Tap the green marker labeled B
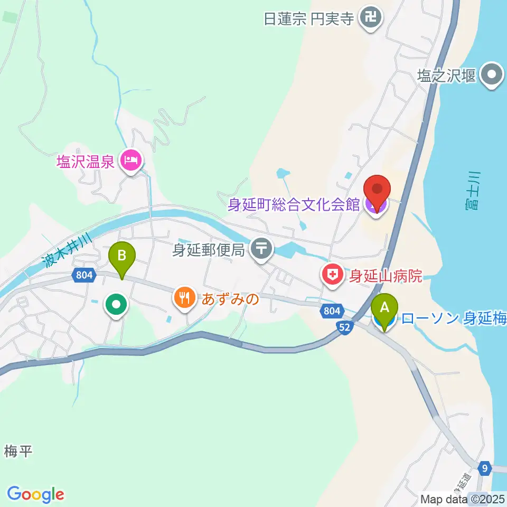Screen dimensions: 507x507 pos(122,258)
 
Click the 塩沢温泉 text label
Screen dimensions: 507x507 pos(86,161)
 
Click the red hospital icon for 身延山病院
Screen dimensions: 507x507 pos(333,275)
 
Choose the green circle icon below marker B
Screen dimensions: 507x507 pos(116,305)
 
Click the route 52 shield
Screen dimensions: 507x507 pos(344,327)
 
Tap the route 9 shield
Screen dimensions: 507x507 pos(485,467)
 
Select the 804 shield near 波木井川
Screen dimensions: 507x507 pos(83,275)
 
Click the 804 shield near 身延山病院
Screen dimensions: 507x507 pos(332,312)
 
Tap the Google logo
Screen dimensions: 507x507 pos(36,494)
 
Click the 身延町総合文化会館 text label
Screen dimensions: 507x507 pos(294,205)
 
